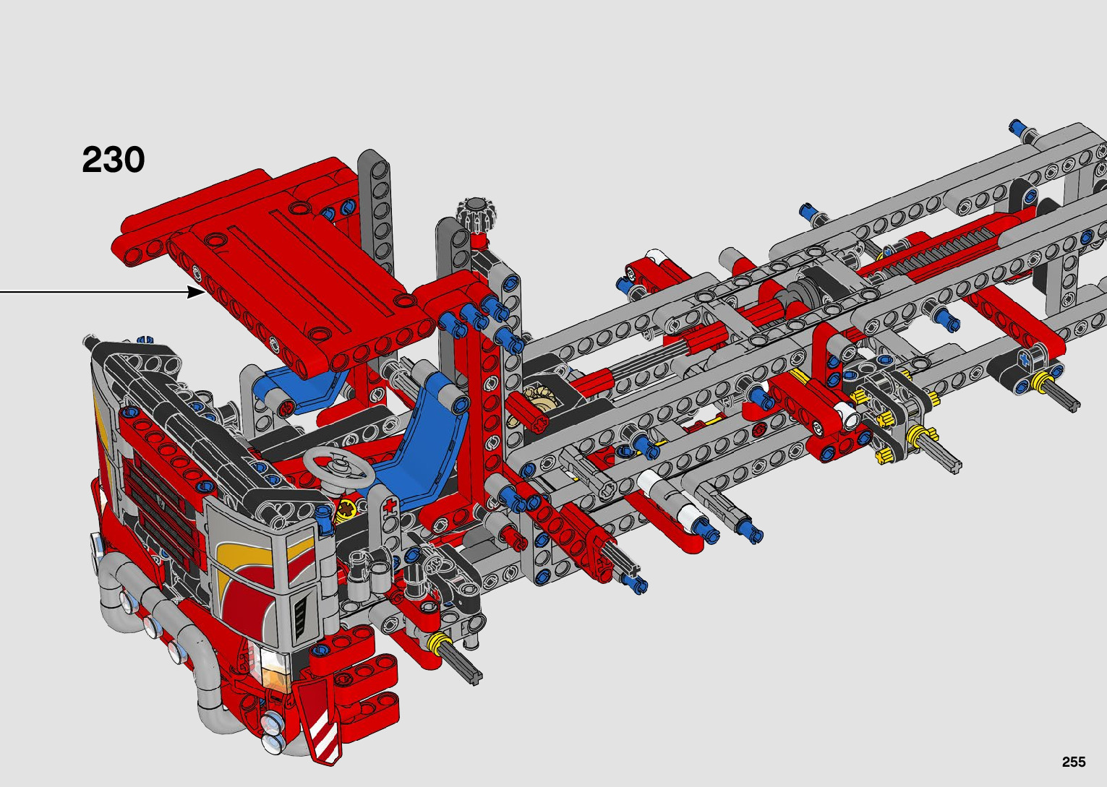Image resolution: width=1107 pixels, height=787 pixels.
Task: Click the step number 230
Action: tap(114, 160)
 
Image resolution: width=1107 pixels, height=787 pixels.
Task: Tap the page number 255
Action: tap(1074, 762)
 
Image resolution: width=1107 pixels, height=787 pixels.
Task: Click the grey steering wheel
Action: tap(338, 466)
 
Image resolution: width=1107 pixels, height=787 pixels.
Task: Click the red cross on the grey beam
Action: tap(391, 506)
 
